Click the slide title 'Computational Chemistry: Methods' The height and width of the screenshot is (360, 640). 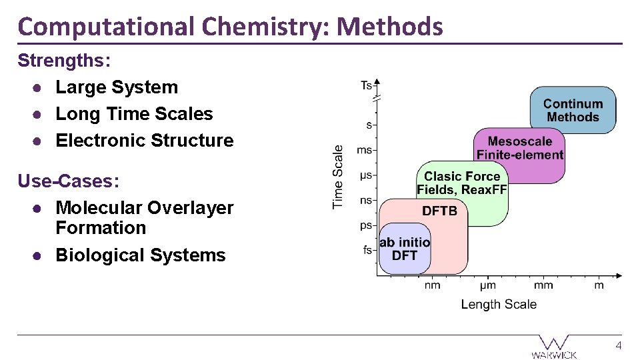(x=230, y=27)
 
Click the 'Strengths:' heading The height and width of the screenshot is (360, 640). (x=64, y=60)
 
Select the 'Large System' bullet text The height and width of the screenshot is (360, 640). (x=117, y=87)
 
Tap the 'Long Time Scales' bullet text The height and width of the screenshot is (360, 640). (x=134, y=114)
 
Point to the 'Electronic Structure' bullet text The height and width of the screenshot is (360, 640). (x=145, y=141)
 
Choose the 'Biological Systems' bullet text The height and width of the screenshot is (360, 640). (x=141, y=255)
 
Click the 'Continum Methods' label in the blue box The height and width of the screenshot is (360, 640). (x=573, y=111)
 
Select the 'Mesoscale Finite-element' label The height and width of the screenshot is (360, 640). (x=520, y=148)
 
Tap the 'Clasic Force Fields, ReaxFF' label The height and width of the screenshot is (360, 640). (x=462, y=183)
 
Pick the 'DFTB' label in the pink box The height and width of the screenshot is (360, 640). (x=440, y=211)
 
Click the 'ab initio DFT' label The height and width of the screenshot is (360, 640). (x=405, y=249)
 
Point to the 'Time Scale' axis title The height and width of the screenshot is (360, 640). (x=339, y=177)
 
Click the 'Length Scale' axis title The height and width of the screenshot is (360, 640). (x=499, y=304)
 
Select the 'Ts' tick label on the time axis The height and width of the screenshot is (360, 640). (x=366, y=85)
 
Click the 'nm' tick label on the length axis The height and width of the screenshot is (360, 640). (x=433, y=285)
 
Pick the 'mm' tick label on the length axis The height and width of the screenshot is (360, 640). (x=543, y=285)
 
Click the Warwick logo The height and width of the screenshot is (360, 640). (x=554, y=347)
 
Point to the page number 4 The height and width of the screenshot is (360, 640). (x=619, y=346)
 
